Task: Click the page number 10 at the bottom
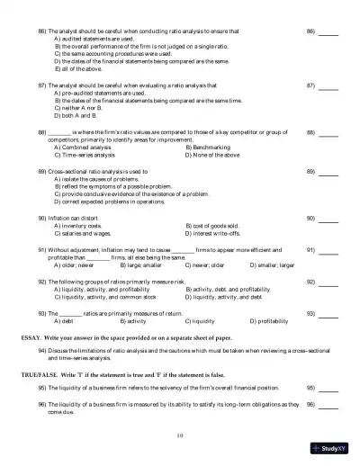coord(180,435)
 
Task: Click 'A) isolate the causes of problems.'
coord(100,178)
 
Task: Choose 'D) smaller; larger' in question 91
coord(274,265)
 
